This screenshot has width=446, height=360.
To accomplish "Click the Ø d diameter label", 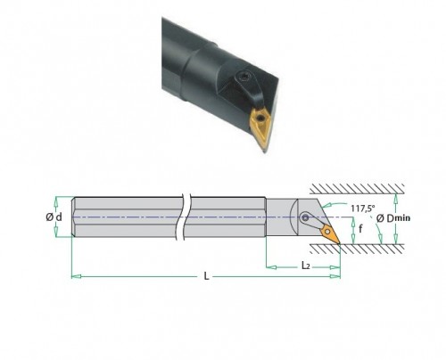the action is (x=54, y=217).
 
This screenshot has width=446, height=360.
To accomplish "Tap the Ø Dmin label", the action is (x=393, y=218).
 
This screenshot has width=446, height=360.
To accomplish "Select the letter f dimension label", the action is (x=360, y=229).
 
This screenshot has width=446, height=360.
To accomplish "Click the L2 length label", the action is (x=306, y=266).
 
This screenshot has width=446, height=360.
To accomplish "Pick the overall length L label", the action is (x=206, y=276).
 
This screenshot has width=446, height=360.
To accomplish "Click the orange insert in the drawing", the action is (x=329, y=234).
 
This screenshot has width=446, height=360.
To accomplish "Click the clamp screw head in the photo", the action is (x=244, y=78).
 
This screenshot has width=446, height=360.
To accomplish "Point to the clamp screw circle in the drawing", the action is (x=305, y=217).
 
